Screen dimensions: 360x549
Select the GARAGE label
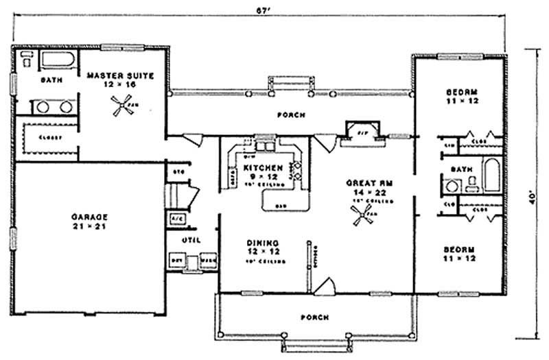(x=89, y=217)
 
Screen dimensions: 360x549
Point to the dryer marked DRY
(x=176, y=261)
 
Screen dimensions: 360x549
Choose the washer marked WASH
(x=207, y=261)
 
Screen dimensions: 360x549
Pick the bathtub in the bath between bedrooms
(x=492, y=176)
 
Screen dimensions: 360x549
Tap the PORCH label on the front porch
(x=314, y=317)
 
